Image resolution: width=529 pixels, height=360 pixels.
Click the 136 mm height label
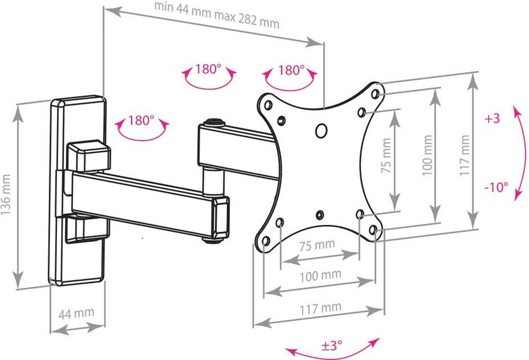click(6, 194)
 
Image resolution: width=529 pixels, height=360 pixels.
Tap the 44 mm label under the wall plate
click(76, 314)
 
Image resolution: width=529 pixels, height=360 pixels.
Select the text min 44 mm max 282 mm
click(217, 15)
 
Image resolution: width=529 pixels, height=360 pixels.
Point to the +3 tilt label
click(492, 118)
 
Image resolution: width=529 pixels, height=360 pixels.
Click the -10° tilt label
click(497, 187)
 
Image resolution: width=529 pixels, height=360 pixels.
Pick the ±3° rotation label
click(332, 345)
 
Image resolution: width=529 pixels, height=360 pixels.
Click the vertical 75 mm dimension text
click(386, 156)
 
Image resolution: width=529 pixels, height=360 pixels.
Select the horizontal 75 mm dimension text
click(317, 245)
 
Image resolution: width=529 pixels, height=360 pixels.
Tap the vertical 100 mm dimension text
click(427, 155)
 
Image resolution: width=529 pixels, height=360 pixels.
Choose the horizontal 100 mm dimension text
click(320, 276)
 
